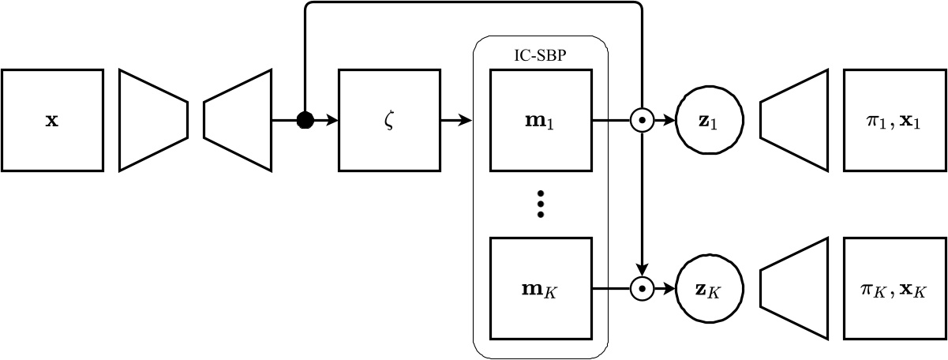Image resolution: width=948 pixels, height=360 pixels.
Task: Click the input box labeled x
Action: pos(52,120)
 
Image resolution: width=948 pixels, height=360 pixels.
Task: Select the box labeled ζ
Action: pos(388,120)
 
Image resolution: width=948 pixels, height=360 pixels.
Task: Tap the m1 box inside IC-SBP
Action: pos(540,120)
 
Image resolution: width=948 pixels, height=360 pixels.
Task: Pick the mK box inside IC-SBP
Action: pos(540,289)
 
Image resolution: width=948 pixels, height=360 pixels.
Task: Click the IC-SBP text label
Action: pos(540,57)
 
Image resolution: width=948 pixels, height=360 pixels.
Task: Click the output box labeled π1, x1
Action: pos(895,120)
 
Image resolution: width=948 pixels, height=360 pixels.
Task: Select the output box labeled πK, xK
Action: pos(895,289)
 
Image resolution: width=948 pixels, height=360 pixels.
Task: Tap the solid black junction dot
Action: pos(305,120)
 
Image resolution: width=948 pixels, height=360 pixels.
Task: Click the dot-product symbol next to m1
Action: pos(643,120)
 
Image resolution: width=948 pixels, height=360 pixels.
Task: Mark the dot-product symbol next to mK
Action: pos(643,289)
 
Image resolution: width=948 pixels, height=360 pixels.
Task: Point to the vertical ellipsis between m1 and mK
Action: pos(540,204)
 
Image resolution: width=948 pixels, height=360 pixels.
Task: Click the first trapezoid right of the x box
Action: pos(153,120)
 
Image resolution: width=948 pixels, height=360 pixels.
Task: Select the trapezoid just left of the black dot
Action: pos(237,120)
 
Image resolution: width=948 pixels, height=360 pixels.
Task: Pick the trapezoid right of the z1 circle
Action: pos(794,120)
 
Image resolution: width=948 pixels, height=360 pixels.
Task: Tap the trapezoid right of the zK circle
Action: pos(794,289)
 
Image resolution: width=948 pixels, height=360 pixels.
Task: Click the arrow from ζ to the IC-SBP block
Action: pos(455,120)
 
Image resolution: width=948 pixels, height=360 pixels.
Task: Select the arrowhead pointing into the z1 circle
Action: pos(672,120)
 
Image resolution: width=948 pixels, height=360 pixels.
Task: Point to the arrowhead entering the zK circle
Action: pos(672,289)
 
